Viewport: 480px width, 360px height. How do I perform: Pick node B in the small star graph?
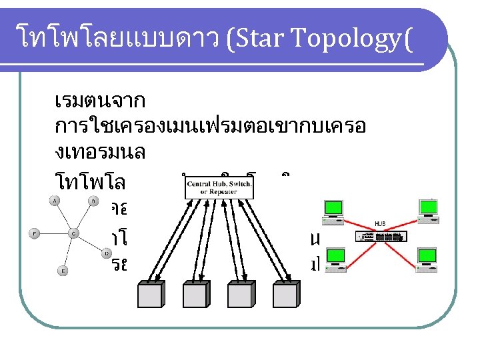(94, 201)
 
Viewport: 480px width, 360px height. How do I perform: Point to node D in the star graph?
(107, 253)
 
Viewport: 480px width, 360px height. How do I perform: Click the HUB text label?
(380, 225)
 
